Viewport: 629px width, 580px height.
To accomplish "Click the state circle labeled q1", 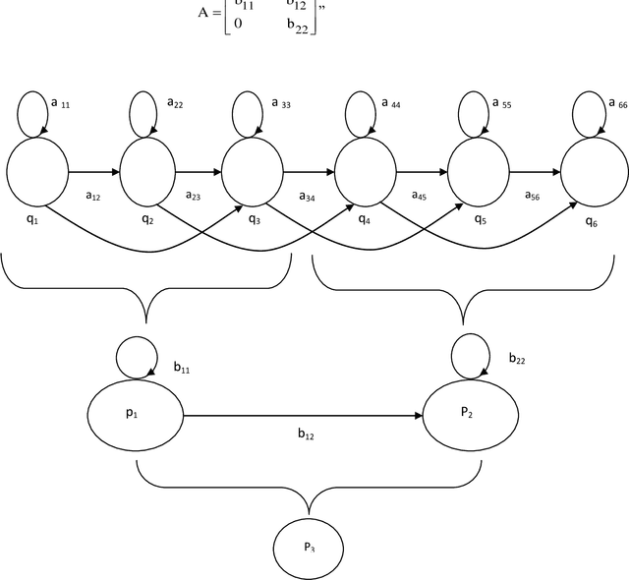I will click(37, 172).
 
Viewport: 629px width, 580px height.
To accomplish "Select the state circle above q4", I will click(366, 172).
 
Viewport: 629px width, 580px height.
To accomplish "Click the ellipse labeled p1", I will click(137, 416).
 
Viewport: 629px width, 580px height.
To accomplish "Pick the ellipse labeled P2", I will click(468, 416).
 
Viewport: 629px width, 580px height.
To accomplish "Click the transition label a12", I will click(93, 196).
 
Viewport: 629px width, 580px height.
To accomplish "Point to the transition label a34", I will click(308, 196).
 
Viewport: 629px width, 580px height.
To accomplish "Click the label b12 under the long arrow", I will click(307, 433).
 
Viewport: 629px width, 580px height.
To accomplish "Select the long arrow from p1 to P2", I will click(305, 416).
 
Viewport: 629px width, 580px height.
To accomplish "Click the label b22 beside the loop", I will click(517, 360).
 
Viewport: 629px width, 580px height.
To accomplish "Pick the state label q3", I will click(255, 218).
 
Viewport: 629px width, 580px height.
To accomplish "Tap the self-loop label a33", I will click(279, 103).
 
